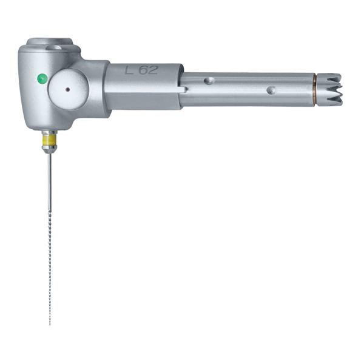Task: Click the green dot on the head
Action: coord(42,78)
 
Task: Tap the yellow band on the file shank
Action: coord(49,140)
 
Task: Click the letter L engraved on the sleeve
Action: coord(129,70)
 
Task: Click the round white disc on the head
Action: coord(68,89)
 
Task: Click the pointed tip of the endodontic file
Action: coord(50,323)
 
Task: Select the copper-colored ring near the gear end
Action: coord(314,90)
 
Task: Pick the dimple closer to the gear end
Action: coord(271,90)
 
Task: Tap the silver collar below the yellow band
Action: coord(49,149)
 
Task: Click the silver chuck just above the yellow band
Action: coord(49,133)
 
